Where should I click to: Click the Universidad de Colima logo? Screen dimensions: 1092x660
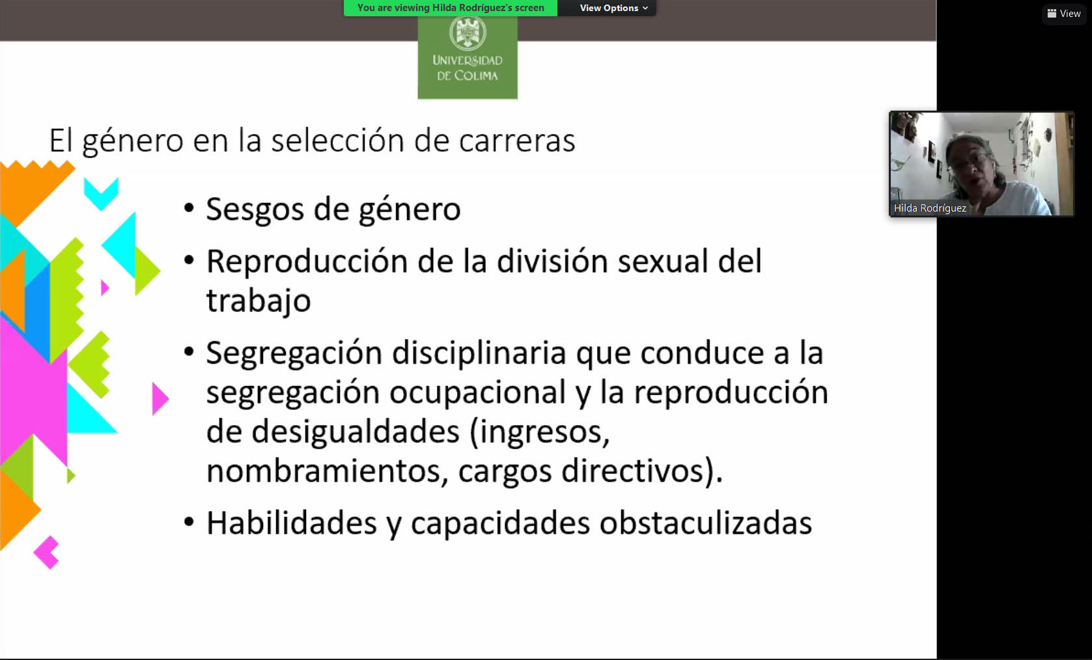pos(468,57)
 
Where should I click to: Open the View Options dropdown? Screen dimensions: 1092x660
pos(614,8)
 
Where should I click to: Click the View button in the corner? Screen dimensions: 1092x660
pos(1064,14)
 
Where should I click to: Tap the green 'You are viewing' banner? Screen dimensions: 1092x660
pos(451,8)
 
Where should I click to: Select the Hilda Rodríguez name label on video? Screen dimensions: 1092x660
pos(930,208)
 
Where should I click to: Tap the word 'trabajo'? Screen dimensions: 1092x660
pos(259,300)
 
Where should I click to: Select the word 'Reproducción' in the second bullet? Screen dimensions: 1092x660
pos(307,261)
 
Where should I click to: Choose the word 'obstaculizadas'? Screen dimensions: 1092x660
pos(705,523)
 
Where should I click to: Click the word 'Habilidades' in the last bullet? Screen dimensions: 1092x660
pos(292,523)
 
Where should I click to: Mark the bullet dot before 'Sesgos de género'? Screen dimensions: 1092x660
pos(189,209)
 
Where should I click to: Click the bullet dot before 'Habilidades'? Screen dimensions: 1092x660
pos(189,522)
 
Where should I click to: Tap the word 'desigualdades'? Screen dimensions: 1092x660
pos(356,432)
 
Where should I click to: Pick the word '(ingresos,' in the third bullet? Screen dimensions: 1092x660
pos(539,433)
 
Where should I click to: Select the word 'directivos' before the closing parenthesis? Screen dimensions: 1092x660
pos(632,471)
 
